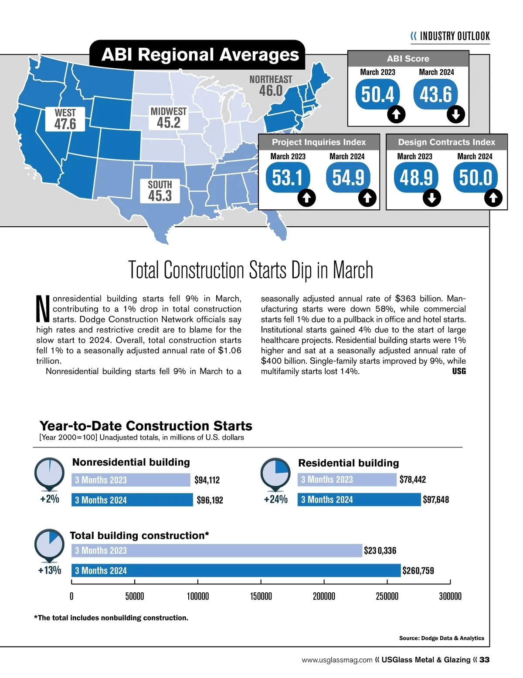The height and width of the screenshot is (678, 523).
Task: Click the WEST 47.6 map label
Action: click(65, 119)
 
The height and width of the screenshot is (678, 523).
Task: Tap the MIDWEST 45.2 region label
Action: click(168, 118)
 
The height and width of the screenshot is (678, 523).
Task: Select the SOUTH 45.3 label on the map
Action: click(160, 191)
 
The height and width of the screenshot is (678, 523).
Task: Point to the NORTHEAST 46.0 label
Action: click(271, 86)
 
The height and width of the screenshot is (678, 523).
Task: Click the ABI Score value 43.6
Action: click(436, 94)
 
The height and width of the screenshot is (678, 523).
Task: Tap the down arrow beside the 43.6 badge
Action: click(456, 114)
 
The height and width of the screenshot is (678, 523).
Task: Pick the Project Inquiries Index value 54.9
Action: click(348, 177)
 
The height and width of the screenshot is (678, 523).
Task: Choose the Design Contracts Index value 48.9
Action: click(416, 177)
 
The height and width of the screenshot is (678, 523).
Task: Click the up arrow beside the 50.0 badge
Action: click(493, 198)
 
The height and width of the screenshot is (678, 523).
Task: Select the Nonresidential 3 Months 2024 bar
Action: click(132, 500)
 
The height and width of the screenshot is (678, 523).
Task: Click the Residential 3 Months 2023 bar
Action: click(347, 480)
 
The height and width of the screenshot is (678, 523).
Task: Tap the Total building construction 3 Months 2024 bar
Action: click(236, 571)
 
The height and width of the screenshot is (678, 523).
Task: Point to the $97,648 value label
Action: click(436, 500)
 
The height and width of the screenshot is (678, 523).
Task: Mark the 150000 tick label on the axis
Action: click(261, 596)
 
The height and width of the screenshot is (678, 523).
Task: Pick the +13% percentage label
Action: click(50, 570)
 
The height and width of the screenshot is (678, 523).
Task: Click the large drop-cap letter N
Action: click(43, 309)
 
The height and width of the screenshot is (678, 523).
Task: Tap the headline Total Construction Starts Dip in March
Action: click(251, 270)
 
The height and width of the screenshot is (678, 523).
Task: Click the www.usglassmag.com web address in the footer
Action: click(337, 660)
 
